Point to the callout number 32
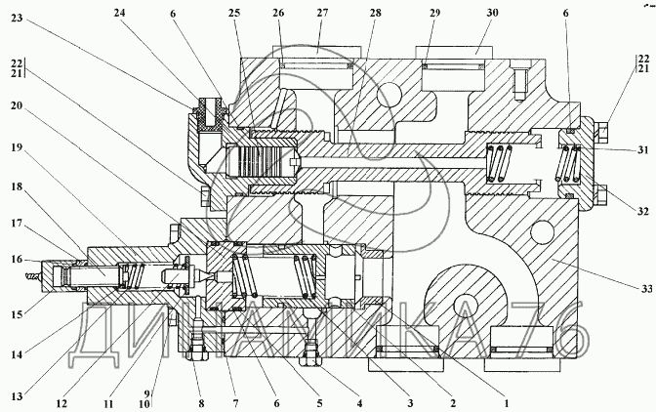(x=640, y=209)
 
